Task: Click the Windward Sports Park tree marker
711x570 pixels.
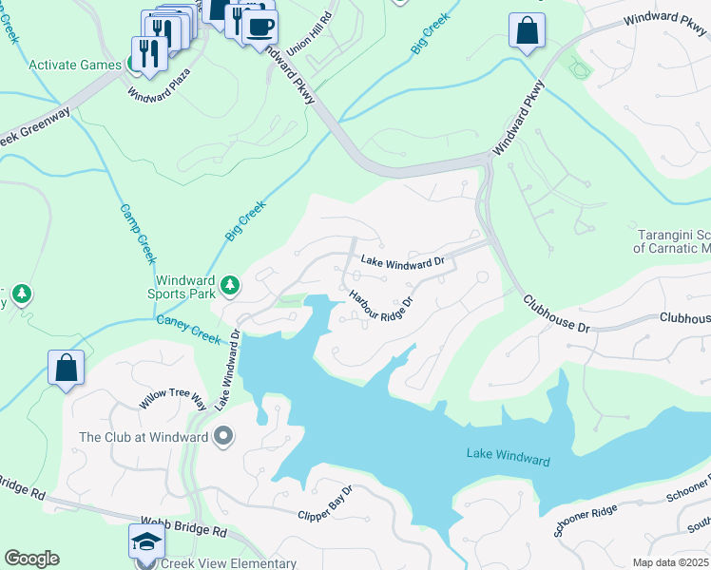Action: click(x=229, y=284)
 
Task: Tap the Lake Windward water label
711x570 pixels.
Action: click(x=508, y=459)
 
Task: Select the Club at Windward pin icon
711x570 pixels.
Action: click(x=223, y=437)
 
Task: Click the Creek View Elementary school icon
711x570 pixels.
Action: click(x=146, y=541)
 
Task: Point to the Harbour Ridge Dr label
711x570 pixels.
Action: click(x=381, y=309)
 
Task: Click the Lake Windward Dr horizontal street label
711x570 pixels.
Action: click(x=402, y=262)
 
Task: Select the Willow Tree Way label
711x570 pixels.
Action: click(x=173, y=399)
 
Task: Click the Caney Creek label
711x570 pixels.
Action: click(x=188, y=329)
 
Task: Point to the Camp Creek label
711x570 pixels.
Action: click(x=138, y=234)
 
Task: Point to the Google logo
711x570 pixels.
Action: click(x=31, y=559)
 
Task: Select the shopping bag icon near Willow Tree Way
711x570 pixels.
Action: click(x=67, y=369)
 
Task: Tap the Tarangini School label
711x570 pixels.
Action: click(x=671, y=241)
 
